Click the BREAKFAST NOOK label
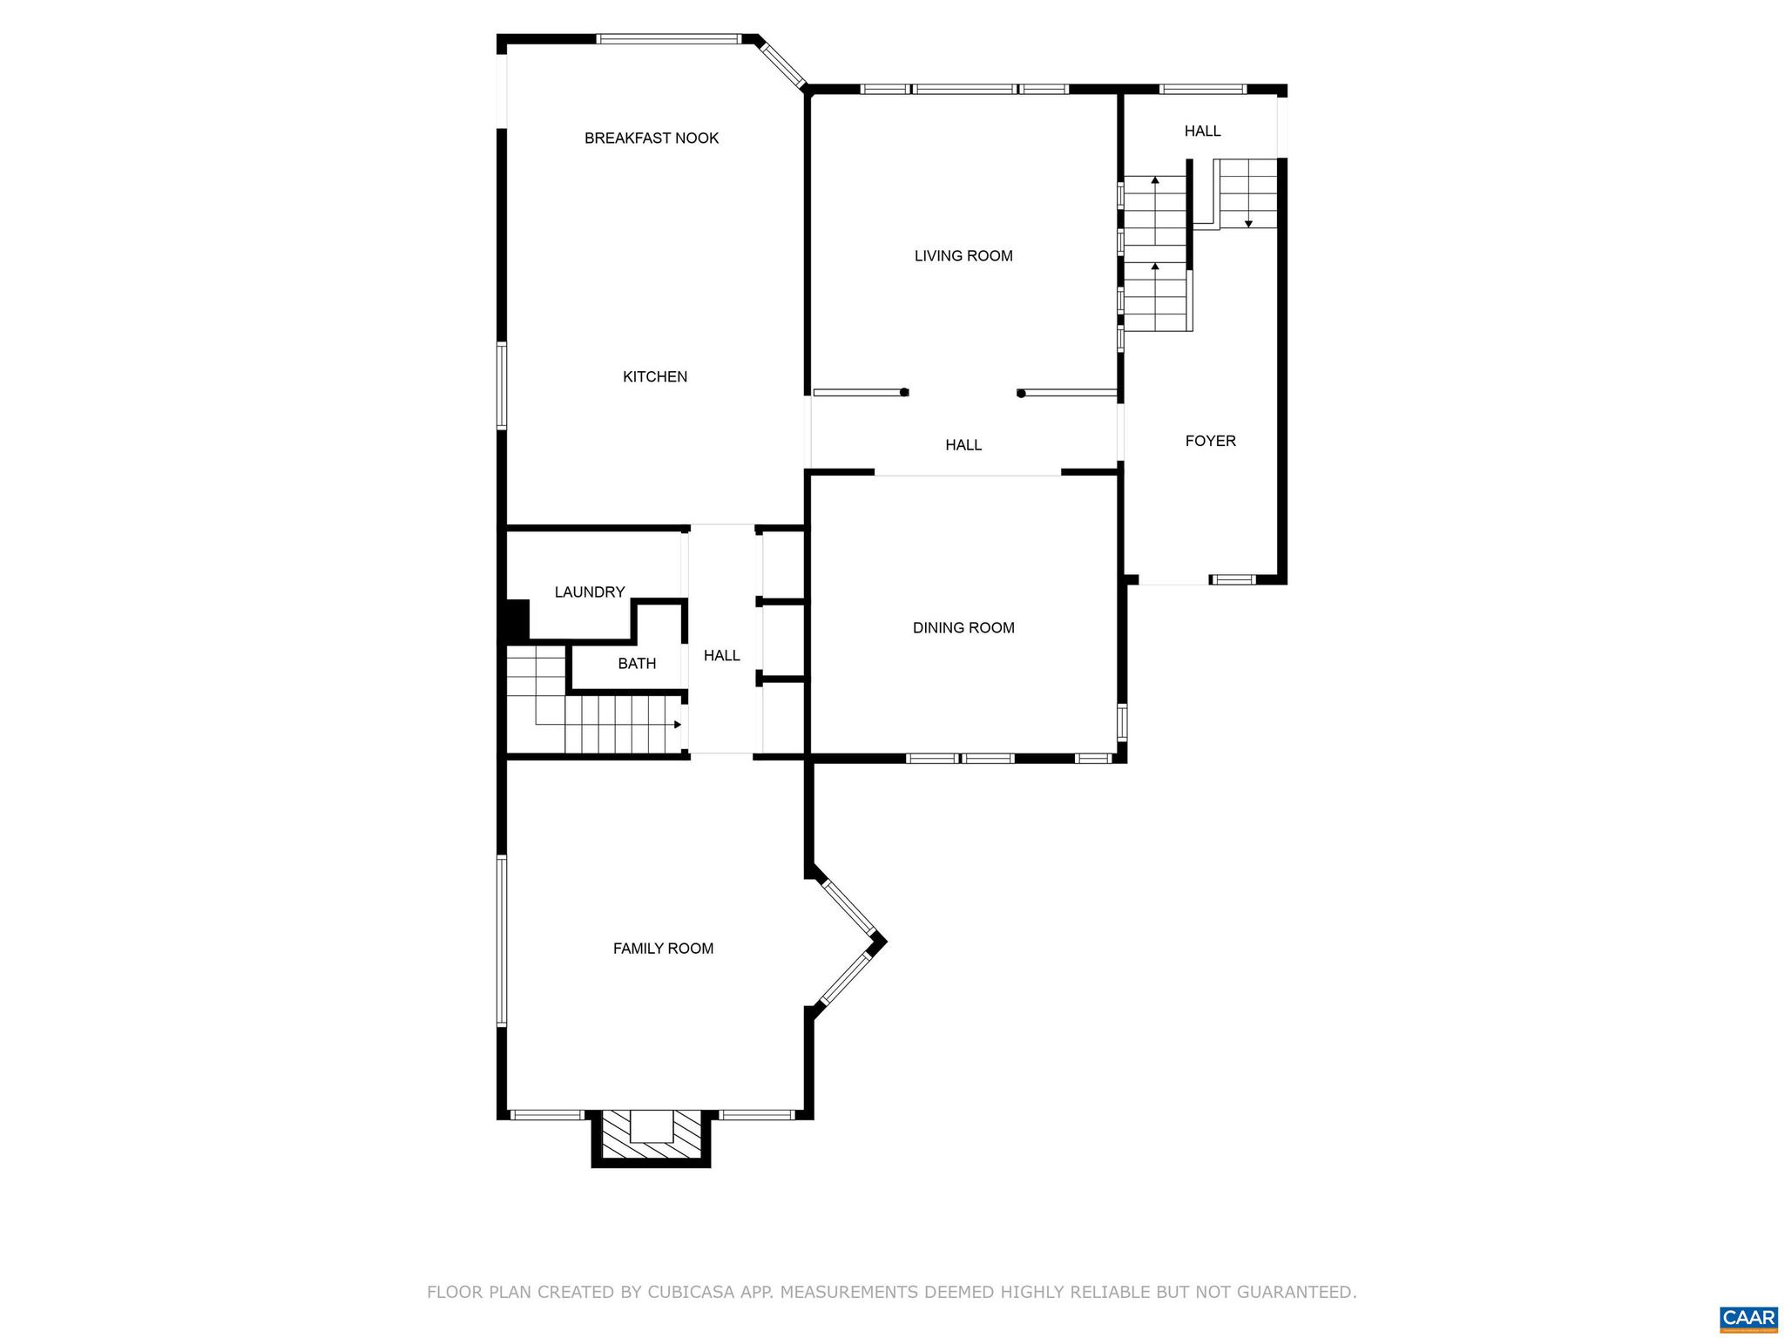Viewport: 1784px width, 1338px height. tap(651, 138)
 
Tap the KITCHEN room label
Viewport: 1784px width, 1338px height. tap(654, 376)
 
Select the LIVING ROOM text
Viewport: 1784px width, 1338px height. tap(963, 255)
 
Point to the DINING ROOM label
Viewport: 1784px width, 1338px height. tap(963, 627)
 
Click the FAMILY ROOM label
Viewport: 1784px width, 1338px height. tap(663, 949)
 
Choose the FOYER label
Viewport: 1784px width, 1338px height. tap(1210, 441)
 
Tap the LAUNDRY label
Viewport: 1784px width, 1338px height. tap(590, 592)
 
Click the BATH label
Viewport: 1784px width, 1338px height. tap(637, 664)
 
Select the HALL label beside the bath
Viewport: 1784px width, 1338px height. tap(721, 655)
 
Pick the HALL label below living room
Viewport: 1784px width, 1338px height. tap(963, 445)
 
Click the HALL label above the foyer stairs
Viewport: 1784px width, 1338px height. tap(1202, 131)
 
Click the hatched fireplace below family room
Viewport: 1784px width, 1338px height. tap(651, 1137)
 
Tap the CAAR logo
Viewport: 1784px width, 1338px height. tap(1748, 1316)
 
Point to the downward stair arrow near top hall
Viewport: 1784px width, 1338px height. tap(1248, 223)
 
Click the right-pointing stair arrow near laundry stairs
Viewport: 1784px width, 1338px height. tap(677, 725)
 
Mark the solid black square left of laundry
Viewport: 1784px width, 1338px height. tap(516, 619)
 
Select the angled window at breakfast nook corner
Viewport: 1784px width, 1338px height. tap(780, 64)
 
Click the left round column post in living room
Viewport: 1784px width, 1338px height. tap(904, 393)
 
